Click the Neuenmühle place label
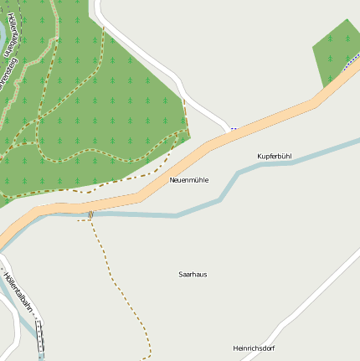click(x=188, y=180)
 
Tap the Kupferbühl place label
click(x=274, y=157)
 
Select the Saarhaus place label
click(x=193, y=274)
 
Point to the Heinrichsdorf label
click(x=253, y=348)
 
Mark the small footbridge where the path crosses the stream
click(x=90, y=215)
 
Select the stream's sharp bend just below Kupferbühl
click(x=239, y=173)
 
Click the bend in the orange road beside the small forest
click(x=316, y=101)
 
